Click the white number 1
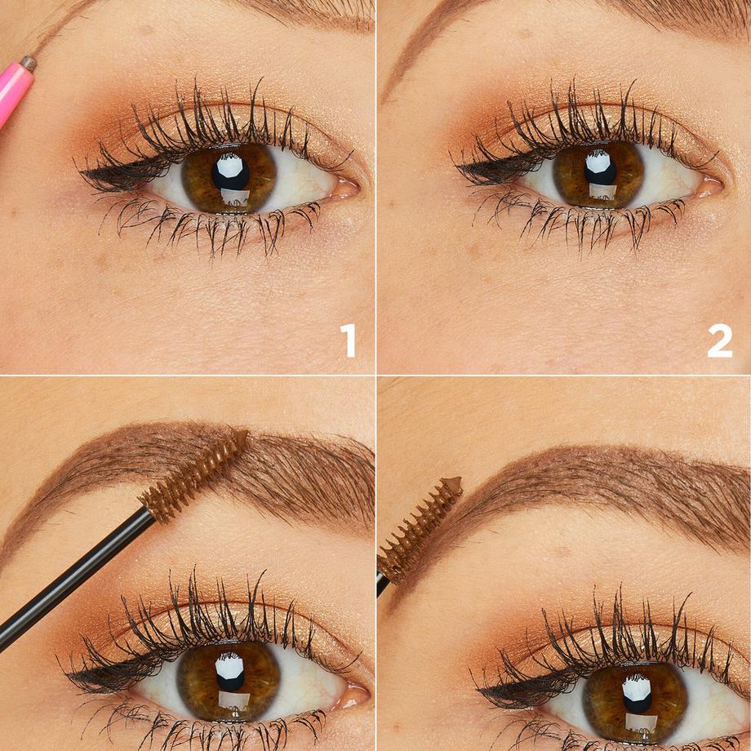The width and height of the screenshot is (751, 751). [x=349, y=340]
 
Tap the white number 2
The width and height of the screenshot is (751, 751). [x=719, y=340]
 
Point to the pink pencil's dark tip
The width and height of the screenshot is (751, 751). [x=29, y=62]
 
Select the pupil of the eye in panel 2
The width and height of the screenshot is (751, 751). [x=600, y=171]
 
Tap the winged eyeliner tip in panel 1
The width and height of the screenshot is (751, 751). [x=82, y=174]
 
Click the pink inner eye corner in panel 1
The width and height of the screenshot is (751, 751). [x=346, y=189]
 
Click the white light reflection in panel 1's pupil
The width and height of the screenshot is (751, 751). [x=232, y=166]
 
